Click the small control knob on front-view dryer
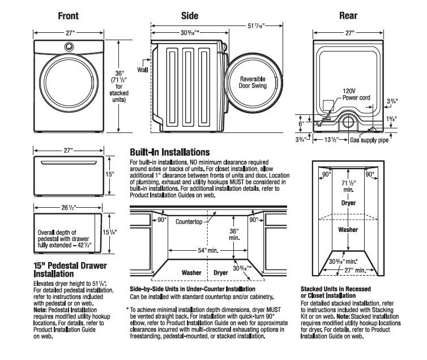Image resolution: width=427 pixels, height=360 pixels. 68,47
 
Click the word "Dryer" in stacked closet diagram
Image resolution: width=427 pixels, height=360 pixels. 348,202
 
